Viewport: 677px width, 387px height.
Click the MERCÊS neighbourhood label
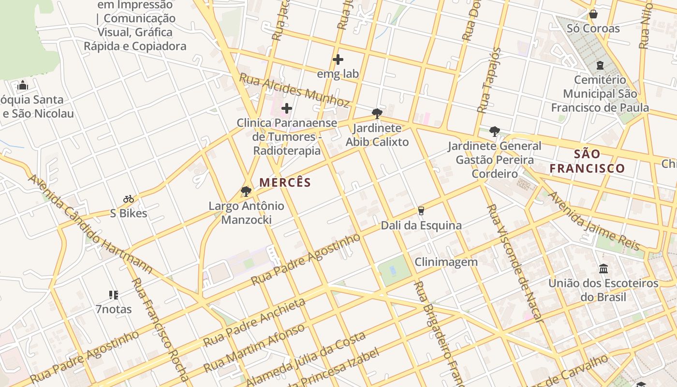coord(285,182)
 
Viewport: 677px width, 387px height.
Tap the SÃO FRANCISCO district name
coord(587,162)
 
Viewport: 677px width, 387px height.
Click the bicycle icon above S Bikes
coord(128,199)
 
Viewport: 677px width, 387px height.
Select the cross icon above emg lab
coord(338,60)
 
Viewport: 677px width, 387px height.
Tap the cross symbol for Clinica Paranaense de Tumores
coord(287,108)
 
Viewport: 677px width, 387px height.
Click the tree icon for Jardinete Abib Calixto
coord(377,114)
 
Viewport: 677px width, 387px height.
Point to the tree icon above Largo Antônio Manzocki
coord(246,192)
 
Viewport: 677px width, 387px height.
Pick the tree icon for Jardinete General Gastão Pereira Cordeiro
coord(494,131)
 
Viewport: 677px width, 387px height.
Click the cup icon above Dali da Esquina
coord(421,211)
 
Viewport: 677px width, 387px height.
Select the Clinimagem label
coord(446,262)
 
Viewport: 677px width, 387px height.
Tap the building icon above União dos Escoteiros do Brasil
coord(603,268)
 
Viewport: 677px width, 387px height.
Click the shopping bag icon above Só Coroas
coord(593,14)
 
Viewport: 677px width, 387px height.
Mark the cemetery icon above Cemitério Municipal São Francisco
coord(600,65)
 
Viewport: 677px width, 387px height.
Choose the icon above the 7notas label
coord(114,295)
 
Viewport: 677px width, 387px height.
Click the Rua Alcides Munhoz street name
coord(294,90)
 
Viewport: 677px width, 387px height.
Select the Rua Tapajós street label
coord(489,80)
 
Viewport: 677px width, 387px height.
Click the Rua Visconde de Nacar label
coord(515,264)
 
